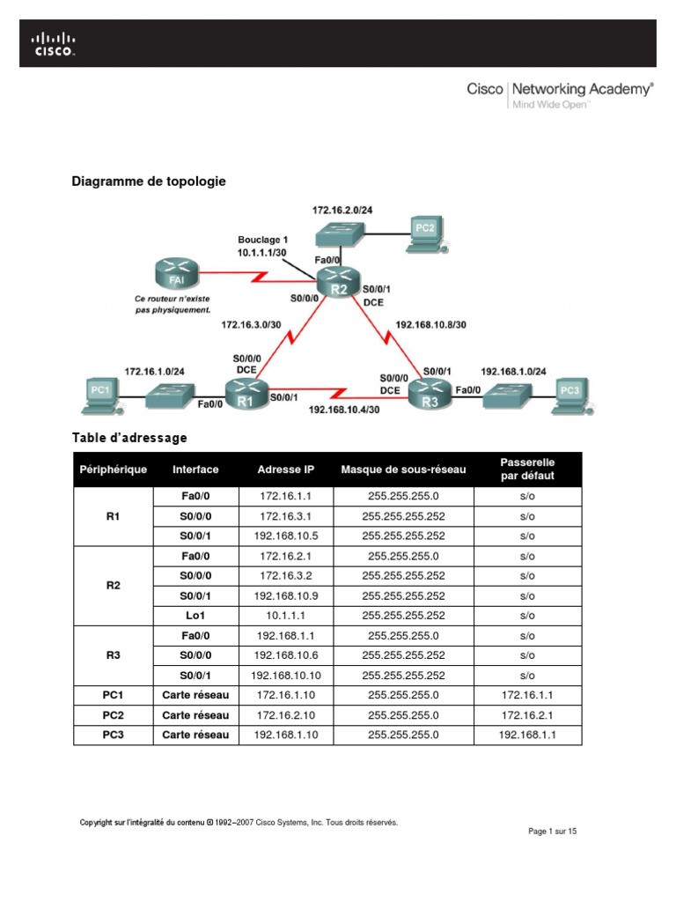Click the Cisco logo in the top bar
[x=54, y=44]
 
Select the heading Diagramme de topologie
[x=148, y=181]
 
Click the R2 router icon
[x=340, y=283]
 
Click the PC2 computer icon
[x=425, y=232]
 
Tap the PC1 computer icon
[x=99, y=393]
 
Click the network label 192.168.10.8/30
[x=430, y=324]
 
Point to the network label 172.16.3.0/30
[x=250, y=325]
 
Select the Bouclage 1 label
[x=262, y=240]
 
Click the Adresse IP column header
[x=285, y=469]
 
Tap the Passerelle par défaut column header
[x=527, y=469]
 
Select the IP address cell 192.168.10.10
[x=285, y=676]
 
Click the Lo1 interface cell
[x=195, y=616]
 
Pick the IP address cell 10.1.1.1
[x=285, y=616]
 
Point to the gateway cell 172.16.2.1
[x=527, y=715]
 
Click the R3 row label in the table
[x=113, y=655]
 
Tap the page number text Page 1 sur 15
[x=552, y=832]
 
